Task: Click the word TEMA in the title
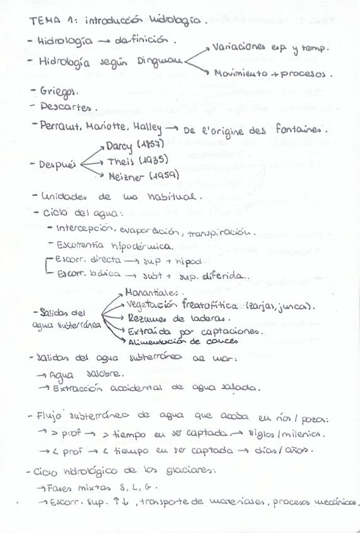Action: click(43, 21)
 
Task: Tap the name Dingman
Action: click(160, 62)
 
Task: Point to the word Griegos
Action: click(54, 92)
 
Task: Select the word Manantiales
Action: click(151, 292)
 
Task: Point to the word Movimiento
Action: click(241, 75)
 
